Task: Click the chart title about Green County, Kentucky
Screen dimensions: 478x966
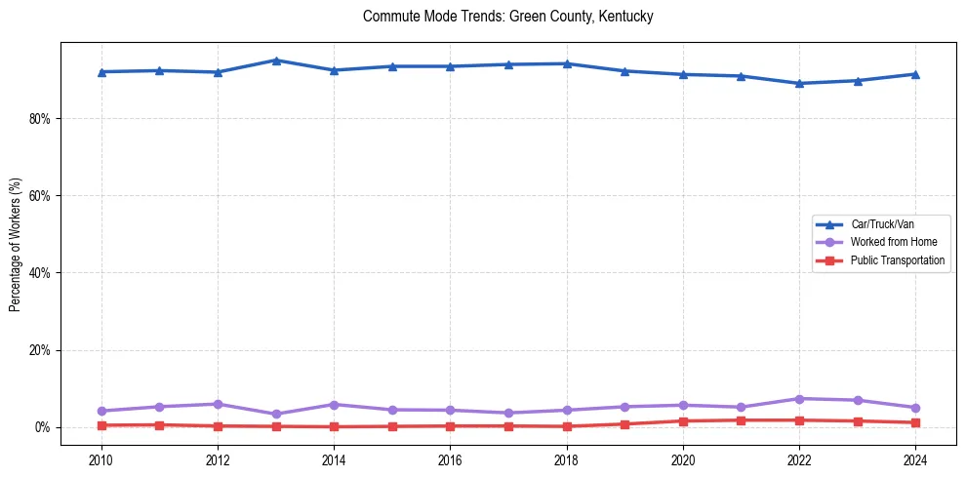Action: point(507,17)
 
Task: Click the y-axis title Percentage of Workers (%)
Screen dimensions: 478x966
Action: point(15,245)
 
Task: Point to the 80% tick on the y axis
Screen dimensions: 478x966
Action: point(43,119)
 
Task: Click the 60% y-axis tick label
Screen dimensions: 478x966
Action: point(43,196)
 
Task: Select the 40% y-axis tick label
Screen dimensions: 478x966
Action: point(43,273)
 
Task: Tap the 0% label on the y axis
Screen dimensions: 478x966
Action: point(46,427)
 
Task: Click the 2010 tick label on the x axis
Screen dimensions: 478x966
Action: point(101,458)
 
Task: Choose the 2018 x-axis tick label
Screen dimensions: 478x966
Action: point(566,458)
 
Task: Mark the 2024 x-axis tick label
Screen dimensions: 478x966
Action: point(914,458)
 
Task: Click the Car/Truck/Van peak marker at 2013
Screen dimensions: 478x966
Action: point(276,60)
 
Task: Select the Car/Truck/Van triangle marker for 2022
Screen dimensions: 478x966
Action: point(799,83)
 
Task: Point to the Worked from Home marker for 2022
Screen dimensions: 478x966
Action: point(799,399)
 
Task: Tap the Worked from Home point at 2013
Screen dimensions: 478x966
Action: point(276,414)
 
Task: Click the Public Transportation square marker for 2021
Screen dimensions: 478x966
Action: point(741,420)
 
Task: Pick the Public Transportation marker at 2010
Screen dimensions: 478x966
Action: point(101,425)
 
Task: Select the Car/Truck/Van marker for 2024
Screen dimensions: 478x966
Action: point(914,74)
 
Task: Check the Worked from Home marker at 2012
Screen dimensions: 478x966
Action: point(218,404)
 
